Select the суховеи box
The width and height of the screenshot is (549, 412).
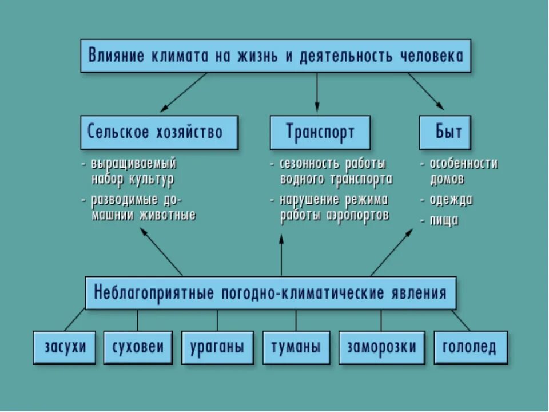(138, 347)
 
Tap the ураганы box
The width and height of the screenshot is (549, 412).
(217, 347)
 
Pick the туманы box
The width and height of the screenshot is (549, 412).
(296, 347)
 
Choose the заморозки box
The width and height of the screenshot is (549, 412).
(381, 347)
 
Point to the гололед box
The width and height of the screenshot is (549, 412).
(470, 347)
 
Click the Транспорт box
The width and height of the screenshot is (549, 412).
(320, 132)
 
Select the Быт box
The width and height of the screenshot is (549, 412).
(448, 132)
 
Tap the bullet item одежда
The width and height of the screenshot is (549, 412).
(451, 200)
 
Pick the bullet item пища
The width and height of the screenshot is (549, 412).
(444, 220)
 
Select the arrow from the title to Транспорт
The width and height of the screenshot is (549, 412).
(316, 92)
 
